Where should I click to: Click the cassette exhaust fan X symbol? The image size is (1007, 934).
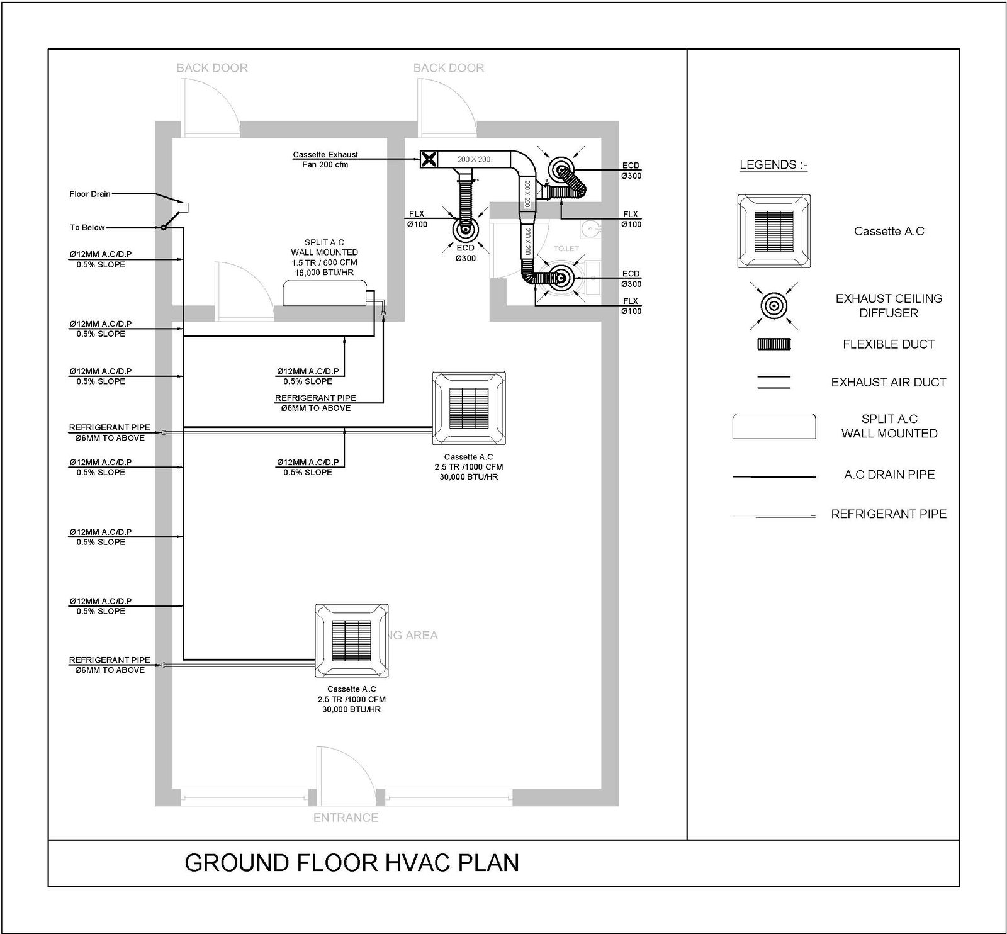tap(429, 159)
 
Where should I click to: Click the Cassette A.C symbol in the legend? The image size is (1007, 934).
tap(774, 231)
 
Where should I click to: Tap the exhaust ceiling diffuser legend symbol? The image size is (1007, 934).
tap(774, 306)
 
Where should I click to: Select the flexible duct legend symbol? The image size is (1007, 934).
tap(774, 344)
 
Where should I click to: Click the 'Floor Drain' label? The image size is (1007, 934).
tap(90, 194)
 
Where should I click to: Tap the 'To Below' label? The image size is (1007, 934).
tap(87, 227)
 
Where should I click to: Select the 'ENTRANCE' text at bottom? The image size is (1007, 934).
tap(346, 818)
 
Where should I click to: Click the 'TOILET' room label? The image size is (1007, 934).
tap(566, 249)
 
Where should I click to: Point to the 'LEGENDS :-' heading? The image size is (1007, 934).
tap(774, 165)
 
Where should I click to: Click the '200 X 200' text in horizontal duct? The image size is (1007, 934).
tap(473, 159)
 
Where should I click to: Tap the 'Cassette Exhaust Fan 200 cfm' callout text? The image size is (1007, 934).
tap(325, 159)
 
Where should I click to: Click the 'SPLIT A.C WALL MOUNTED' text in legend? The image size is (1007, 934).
tap(889, 426)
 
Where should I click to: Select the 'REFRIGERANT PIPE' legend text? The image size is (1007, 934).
tap(889, 514)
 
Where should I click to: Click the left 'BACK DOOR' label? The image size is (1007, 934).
tap(212, 68)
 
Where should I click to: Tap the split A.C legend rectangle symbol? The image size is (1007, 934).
tap(774, 426)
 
